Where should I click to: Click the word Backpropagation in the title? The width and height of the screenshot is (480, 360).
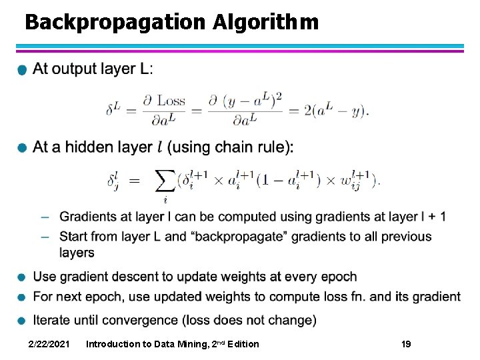pyautogui.click(x=115, y=23)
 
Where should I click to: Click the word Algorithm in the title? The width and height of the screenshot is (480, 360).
pyautogui.click(x=266, y=23)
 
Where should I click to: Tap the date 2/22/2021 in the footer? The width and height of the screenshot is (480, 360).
pyautogui.click(x=49, y=344)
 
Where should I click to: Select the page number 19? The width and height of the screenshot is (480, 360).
pyautogui.click(x=406, y=344)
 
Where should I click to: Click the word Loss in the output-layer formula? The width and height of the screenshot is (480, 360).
pyautogui.click(x=171, y=101)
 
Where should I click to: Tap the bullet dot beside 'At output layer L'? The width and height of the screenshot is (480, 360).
pyautogui.click(x=23, y=71)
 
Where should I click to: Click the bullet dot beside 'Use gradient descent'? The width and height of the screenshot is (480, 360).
pyautogui.click(x=23, y=278)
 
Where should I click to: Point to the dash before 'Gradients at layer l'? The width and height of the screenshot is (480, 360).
pyautogui.click(x=44, y=217)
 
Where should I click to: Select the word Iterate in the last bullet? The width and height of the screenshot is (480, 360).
pyautogui.click(x=54, y=320)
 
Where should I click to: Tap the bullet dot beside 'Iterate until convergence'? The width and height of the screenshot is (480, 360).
pyautogui.click(x=23, y=321)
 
